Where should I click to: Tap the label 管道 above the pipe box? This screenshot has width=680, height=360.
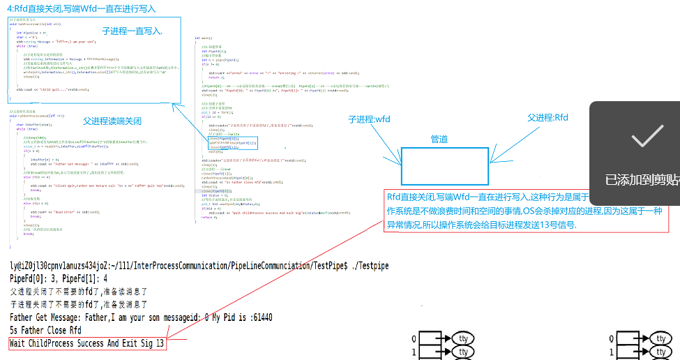439,140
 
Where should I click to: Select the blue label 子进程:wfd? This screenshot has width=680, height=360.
370,119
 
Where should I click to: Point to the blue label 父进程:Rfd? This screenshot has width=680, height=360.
548,118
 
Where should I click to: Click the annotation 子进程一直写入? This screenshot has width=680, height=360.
133,31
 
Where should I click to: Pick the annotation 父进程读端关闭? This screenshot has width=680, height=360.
112,121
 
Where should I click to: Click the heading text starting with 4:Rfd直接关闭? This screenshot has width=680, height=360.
82,8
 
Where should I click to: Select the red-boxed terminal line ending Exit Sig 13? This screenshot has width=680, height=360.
88,343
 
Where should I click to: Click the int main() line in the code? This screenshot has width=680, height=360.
202,37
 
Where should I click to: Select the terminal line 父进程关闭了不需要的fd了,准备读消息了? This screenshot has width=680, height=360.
79,291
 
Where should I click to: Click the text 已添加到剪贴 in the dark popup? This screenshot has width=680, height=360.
642,180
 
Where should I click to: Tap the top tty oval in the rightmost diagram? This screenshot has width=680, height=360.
660,338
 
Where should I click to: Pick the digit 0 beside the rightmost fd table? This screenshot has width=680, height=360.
611,338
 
